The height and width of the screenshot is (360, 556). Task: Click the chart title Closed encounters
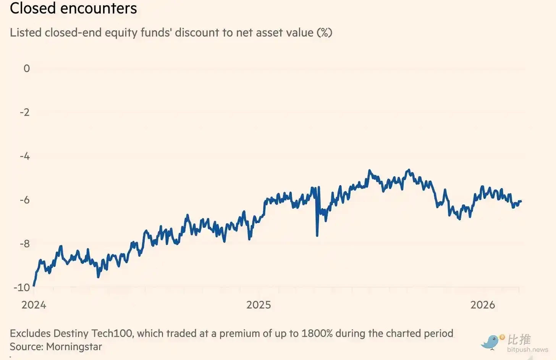coord(73,8)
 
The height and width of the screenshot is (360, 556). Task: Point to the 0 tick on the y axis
coord(27,68)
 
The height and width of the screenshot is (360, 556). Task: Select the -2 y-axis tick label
coord(25,112)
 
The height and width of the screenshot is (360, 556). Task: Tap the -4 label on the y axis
coord(25,156)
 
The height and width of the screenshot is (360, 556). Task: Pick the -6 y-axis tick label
coord(25,200)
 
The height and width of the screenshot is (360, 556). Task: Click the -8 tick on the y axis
coord(25,244)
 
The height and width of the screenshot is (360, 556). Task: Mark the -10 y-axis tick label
coord(22,287)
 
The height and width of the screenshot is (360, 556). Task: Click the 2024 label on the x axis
coord(34,305)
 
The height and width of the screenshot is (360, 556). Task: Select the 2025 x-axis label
coord(259,305)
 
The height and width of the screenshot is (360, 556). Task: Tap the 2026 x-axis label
coord(483,305)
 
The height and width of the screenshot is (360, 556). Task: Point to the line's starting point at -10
coord(34,285)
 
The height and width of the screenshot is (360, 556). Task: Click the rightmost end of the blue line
coord(520,201)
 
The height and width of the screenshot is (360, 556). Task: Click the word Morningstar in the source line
coord(74,347)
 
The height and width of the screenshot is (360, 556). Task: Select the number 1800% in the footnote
coord(317,333)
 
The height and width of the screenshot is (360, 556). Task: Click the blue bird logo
coord(491,341)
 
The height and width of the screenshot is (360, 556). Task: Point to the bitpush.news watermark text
coord(527,350)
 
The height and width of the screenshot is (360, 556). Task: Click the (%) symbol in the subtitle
coord(324,32)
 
